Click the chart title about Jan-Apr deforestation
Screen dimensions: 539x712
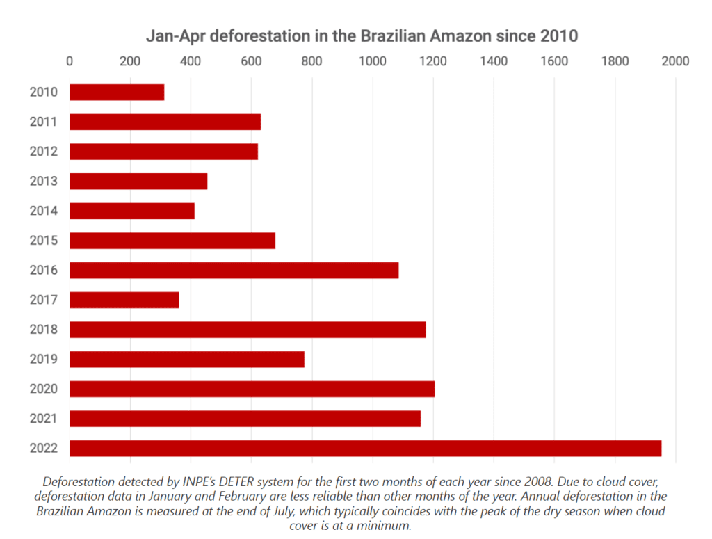[x=362, y=35]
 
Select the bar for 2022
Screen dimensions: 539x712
[x=365, y=449]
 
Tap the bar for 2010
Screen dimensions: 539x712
[x=117, y=92]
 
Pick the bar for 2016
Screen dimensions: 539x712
[x=234, y=270]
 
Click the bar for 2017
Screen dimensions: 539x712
[x=124, y=300]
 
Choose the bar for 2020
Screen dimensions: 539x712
[x=252, y=389]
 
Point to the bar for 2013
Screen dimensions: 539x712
[x=138, y=181]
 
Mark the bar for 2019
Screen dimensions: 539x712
[x=187, y=359]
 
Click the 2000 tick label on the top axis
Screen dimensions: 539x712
[x=674, y=61]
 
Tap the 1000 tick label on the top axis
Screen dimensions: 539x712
[x=372, y=61]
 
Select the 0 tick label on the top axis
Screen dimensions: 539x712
[x=70, y=61]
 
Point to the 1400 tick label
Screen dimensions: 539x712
[x=493, y=61]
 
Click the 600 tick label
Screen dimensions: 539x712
[x=251, y=61]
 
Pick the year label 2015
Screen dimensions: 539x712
[x=43, y=241]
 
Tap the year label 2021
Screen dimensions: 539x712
[x=43, y=419]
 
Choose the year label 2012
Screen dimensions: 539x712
[x=43, y=152]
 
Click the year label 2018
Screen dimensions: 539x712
[x=43, y=330]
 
